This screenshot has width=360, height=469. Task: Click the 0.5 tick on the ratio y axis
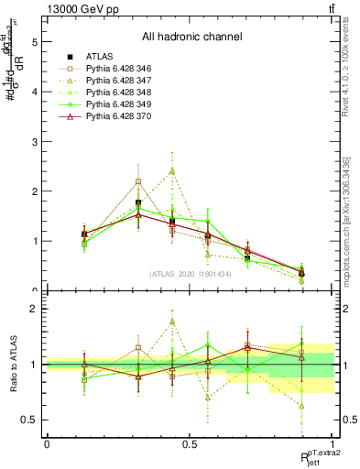point(32,420)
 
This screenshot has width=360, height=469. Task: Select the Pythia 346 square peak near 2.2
point(138,181)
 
